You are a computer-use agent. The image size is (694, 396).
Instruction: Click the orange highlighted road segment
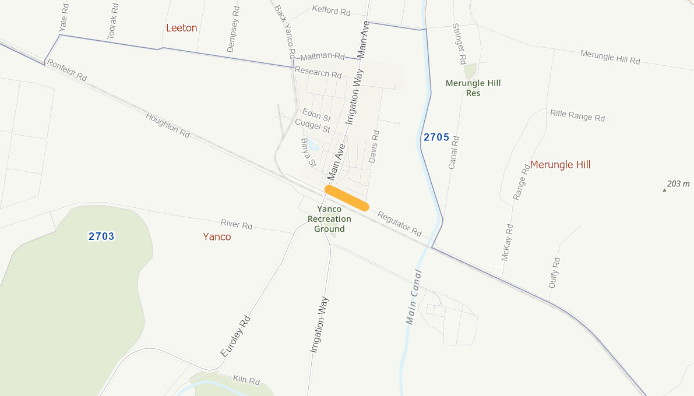347,198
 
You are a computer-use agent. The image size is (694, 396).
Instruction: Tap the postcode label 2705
436,137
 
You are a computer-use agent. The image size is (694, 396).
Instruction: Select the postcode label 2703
101,236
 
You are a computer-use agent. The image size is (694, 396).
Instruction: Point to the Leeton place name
182,28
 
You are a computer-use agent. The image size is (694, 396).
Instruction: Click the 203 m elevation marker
678,184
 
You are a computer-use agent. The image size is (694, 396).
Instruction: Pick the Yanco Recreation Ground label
329,219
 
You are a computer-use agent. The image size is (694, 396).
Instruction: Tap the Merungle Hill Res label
473,88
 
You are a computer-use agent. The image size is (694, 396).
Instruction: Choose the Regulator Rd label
399,223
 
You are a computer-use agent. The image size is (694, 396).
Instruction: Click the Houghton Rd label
168,125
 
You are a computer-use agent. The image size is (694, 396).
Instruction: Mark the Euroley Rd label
235,336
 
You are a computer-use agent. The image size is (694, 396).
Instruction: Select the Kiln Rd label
246,380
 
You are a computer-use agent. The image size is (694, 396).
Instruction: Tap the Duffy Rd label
554,273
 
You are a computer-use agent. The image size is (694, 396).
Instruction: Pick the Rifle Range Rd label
577,115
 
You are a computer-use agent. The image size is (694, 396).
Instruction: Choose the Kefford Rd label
331,10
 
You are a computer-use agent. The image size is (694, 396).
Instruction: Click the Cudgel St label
312,126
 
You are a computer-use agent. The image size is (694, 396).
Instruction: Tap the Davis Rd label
374,146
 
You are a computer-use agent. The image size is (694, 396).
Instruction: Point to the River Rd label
237,224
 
